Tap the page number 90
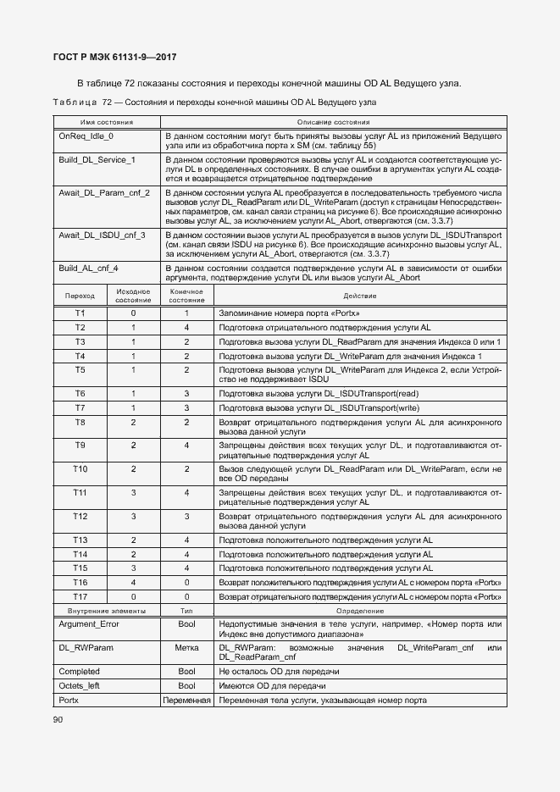pyautogui.click(x=58, y=719)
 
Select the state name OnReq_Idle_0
pyautogui.click(x=86, y=136)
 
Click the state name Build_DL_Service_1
pyautogui.click(x=97, y=159)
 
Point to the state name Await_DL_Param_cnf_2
pyautogui.click(x=103, y=193)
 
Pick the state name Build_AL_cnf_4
pyautogui.click(x=89, y=268)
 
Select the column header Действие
pyautogui.click(x=359, y=296)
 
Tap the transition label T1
pyautogui.click(x=80, y=313)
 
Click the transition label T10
pyautogui.click(x=80, y=468)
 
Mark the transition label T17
pyautogui.click(x=80, y=596)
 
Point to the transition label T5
pyautogui.click(x=80, y=370)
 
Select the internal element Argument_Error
pyautogui.click(x=89, y=623)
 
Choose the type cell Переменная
pyautogui.click(x=186, y=701)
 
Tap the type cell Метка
pyautogui.click(x=186, y=647)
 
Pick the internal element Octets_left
pyautogui.click(x=80, y=685)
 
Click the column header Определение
pyautogui.click(x=359, y=610)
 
